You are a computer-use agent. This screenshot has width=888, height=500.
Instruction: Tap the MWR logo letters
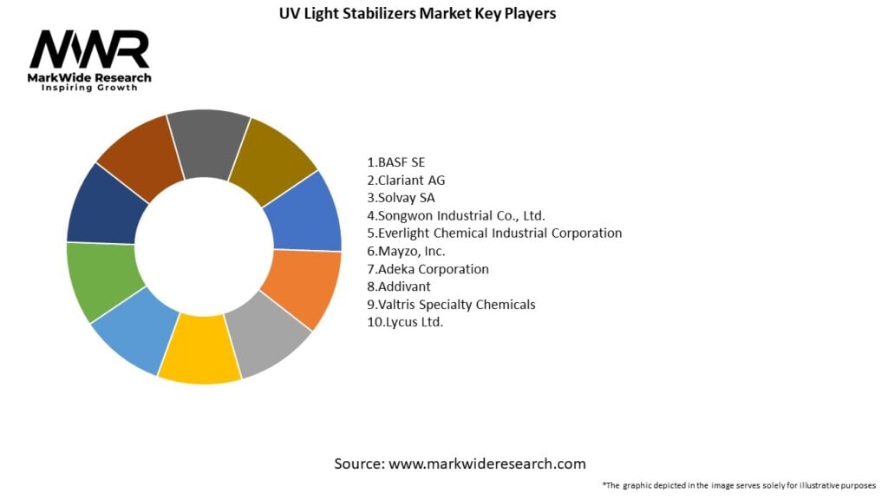89,51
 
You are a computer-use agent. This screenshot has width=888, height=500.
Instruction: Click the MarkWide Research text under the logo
90,78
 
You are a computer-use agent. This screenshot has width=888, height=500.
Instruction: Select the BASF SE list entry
396,162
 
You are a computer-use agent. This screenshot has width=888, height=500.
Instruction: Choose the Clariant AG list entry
406,180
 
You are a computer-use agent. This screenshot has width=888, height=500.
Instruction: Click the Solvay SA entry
402,198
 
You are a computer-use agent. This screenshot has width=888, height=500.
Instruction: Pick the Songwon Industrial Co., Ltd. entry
456,215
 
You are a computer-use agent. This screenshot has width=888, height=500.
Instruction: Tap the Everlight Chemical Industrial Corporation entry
494,234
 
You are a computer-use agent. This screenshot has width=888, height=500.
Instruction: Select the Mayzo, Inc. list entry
407,251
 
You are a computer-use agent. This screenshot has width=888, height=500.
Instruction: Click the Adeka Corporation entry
428,269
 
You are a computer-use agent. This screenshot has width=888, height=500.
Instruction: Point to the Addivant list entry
400,286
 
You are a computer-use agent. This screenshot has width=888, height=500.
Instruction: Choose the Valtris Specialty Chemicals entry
451,305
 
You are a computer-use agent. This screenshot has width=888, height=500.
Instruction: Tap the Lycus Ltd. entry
405,322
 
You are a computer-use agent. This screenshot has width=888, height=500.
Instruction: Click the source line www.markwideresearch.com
460,464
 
